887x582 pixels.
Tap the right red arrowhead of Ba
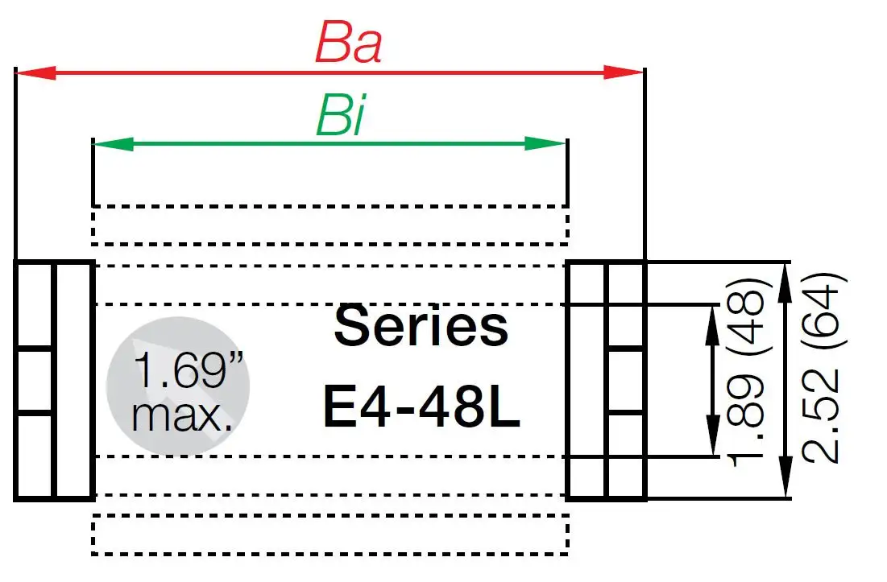tap(627, 72)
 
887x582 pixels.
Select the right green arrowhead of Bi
tap(549, 144)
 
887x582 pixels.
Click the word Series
tap(421, 325)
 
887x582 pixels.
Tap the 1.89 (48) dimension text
tap(744, 372)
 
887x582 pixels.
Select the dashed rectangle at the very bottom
tap(330, 535)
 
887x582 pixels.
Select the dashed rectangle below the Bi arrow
tap(330, 225)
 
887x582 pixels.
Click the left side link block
tap(54, 380)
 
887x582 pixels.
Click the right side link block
tap(607, 380)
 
